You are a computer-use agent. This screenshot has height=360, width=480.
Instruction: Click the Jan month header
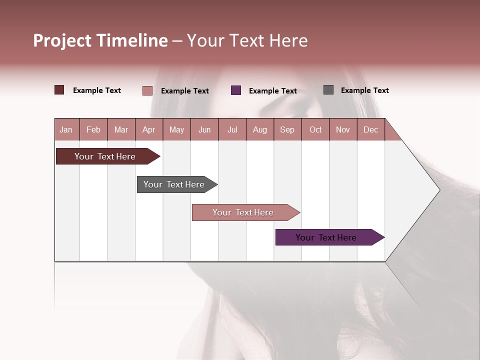[x=66, y=129]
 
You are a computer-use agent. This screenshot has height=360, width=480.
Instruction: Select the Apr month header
[x=148, y=129]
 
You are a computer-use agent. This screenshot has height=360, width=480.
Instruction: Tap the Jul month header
[x=232, y=129]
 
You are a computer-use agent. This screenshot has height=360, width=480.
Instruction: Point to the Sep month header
[x=287, y=129]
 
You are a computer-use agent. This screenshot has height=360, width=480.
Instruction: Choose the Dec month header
[x=370, y=129]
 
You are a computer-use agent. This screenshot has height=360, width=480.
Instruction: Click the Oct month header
[x=315, y=129]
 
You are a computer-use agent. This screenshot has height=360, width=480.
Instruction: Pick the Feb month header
[x=93, y=129]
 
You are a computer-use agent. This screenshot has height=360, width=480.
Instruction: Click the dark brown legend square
[x=59, y=90]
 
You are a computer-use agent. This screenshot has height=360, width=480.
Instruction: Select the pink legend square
[x=147, y=90]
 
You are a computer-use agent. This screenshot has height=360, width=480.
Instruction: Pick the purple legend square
[x=236, y=90]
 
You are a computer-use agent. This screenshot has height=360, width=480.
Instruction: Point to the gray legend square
[x=328, y=90]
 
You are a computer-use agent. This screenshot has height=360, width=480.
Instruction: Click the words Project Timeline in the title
[x=100, y=40]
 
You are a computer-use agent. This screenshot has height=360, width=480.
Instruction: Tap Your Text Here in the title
[x=247, y=40]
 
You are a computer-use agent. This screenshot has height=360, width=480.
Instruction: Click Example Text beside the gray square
[x=364, y=90]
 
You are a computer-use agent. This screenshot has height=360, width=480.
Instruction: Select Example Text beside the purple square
[x=272, y=91]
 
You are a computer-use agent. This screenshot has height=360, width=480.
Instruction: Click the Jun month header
[x=204, y=129]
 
